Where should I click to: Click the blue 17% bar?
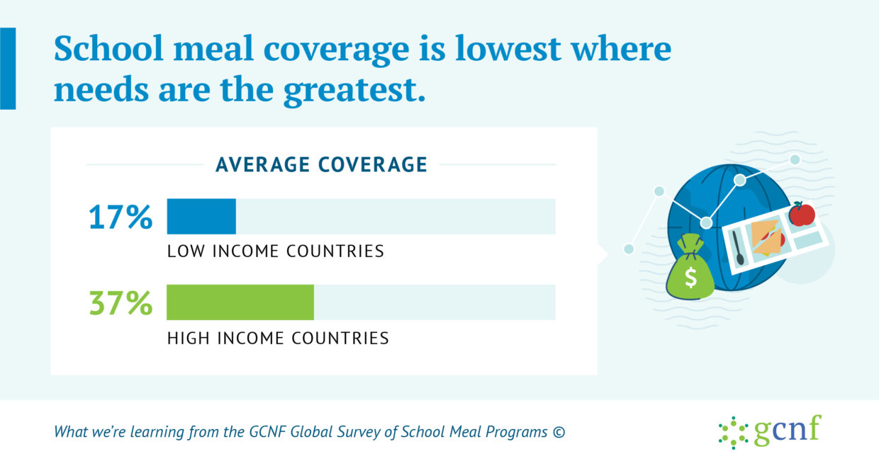tap(201, 217)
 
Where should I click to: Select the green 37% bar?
tap(240, 302)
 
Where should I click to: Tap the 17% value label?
tap(121, 217)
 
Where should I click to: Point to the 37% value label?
tap(121, 302)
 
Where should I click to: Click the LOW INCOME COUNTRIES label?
tap(276, 251)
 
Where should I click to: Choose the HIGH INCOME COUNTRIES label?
tap(278, 338)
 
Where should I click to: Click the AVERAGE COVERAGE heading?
tap(321, 164)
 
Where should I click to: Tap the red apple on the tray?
tap(802, 214)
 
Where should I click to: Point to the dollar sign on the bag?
tap(690, 277)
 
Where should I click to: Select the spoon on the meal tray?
tap(737, 248)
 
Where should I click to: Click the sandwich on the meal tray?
tap(768, 237)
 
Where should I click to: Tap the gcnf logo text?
tap(788, 430)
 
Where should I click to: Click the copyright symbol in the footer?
tap(559, 432)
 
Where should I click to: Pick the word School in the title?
tap(108, 48)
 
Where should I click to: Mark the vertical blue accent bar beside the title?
tap(8, 69)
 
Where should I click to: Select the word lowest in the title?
tap(508, 48)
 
